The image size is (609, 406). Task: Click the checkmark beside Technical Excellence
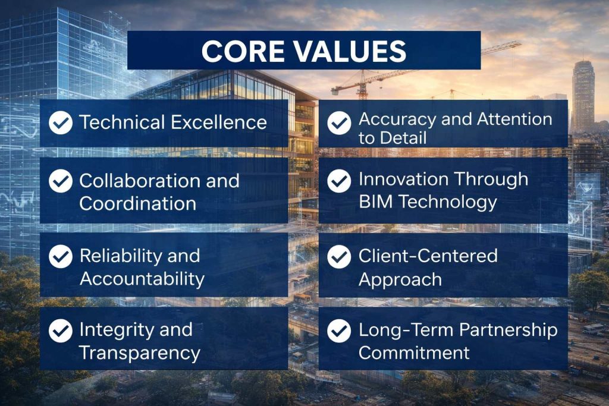click(60, 122)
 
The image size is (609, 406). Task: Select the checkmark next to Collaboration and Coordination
click(60, 181)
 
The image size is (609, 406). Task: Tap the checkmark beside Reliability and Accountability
click(60, 256)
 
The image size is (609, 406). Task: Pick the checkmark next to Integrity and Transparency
click(60, 331)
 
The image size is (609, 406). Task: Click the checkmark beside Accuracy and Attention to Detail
click(339, 122)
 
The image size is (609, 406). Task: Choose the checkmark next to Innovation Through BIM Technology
click(339, 180)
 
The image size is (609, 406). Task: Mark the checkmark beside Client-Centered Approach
click(339, 256)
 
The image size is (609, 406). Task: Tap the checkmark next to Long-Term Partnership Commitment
click(339, 330)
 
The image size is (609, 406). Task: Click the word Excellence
click(219, 122)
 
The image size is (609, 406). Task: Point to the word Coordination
click(137, 203)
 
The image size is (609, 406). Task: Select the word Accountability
click(142, 278)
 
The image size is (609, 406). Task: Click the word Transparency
click(139, 353)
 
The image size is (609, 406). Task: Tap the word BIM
click(376, 202)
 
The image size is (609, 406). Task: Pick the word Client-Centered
click(428, 256)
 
